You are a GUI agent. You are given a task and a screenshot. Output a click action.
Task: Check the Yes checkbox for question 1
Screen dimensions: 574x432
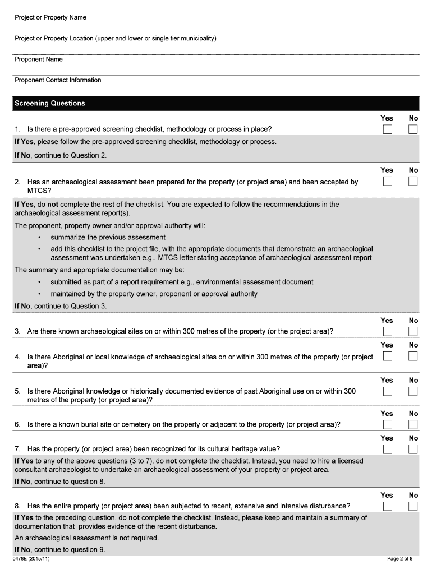pyautogui.click(x=388, y=129)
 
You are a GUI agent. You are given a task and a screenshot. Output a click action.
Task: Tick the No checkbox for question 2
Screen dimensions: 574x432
pyautogui.click(x=413, y=181)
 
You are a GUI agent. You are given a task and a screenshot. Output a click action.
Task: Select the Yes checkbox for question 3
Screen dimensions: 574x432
pyautogui.click(x=388, y=331)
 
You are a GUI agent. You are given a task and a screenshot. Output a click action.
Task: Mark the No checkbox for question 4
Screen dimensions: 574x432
pyautogui.click(x=413, y=356)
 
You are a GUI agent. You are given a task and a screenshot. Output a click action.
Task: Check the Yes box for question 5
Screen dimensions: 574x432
pyautogui.click(x=388, y=391)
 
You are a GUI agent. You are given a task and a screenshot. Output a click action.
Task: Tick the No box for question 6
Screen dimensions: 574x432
pyautogui.click(x=413, y=424)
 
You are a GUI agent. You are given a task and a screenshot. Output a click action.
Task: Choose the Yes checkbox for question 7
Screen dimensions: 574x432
pyautogui.click(x=388, y=449)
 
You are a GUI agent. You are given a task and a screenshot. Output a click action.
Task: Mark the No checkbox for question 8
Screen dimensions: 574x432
pyautogui.click(x=413, y=506)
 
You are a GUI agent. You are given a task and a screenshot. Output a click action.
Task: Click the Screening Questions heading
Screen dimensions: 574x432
pyautogui.click(x=50, y=104)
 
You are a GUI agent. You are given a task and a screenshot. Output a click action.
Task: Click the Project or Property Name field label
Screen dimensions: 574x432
pyautogui.click(x=50, y=17)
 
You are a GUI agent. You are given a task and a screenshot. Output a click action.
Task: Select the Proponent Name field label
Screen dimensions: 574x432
pyautogui.click(x=39, y=59)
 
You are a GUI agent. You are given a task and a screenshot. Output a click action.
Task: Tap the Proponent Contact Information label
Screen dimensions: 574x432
pyautogui.click(x=58, y=80)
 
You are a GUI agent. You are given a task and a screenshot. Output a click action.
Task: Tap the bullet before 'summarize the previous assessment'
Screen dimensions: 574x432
pyautogui.click(x=39, y=238)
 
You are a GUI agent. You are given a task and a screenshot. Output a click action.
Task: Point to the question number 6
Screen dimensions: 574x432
pyautogui.click(x=17, y=424)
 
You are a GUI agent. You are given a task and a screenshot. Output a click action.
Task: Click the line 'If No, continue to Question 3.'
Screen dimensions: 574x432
pyautogui.click(x=61, y=306)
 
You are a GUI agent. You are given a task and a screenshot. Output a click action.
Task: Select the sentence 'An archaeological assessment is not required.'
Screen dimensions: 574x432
pyautogui.click(x=86, y=538)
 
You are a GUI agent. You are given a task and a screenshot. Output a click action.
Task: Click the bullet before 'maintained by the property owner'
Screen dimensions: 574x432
pyautogui.click(x=39, y=294)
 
